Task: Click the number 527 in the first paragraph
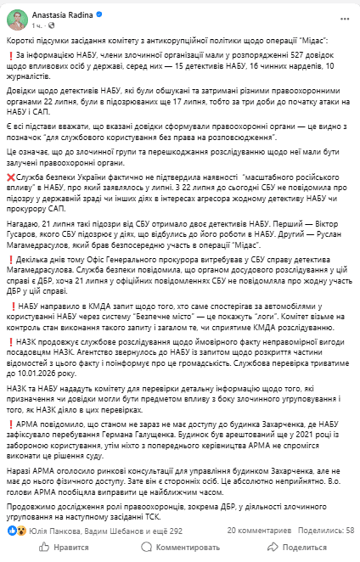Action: tap(246, 56)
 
